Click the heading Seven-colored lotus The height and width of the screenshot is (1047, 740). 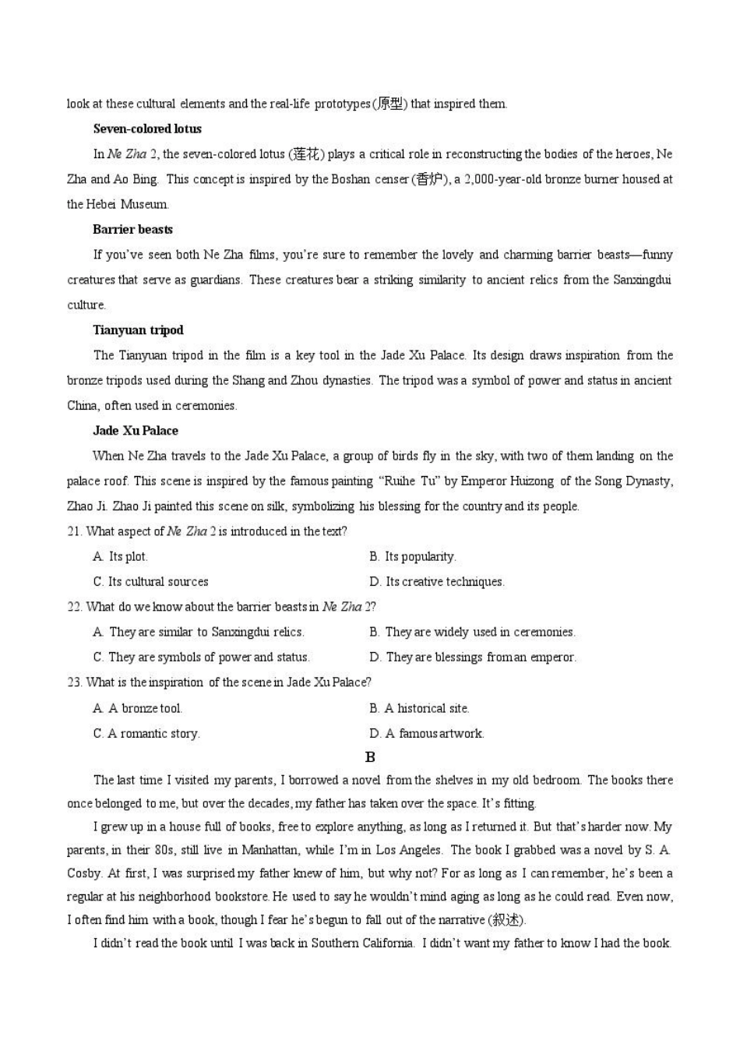[x=147, y=129]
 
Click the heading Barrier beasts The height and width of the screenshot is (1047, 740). [x=132, y=230]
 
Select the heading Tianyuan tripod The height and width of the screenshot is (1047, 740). [x=138, y=330]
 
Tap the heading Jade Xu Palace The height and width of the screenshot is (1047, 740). [x=136, y=431]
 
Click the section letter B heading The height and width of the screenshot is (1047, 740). [x=370, y=757]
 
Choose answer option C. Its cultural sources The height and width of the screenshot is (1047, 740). [x=150, y=582]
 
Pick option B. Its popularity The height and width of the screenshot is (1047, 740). [x=413, y=557]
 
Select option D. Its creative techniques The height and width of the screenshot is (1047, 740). [x=437, y=582]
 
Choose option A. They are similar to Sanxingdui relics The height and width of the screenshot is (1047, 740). [x=199, y=632]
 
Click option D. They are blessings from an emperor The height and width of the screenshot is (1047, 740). [x=473, y=657]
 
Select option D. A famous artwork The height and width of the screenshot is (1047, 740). [x=427, y=733]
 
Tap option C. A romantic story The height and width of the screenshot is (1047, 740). [x=146, y=733]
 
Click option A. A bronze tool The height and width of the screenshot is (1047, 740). [x=137, y=708]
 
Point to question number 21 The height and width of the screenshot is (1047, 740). [x=74, y=532]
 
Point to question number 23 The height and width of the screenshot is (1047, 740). [x=74, y=682]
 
